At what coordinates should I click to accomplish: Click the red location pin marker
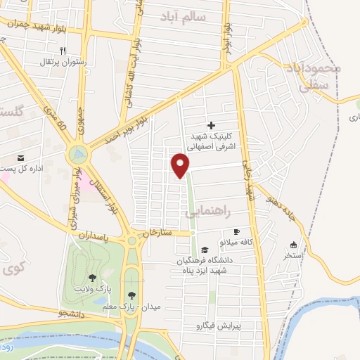point(181,165)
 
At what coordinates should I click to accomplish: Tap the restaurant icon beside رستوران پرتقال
point(62,51)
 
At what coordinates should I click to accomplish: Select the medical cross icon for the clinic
point(211,124)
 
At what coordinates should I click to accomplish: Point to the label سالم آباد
point(202,15)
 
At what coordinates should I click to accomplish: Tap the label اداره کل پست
point(35,167)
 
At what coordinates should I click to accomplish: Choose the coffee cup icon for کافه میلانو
point(236,232)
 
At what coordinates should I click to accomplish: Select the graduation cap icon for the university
point(204,250)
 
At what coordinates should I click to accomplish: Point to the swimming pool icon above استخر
point(293,245)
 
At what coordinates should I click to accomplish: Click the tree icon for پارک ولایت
point(92,278)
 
